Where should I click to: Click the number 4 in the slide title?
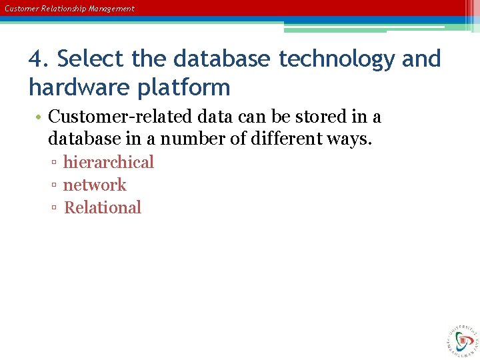click(36, 59)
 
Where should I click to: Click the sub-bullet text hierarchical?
click(108, 163)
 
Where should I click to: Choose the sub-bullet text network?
click(95, 185)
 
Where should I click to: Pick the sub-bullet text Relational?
click(103, 208)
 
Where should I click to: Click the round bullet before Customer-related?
click(40, 118)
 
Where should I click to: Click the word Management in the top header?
click(111, 9)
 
